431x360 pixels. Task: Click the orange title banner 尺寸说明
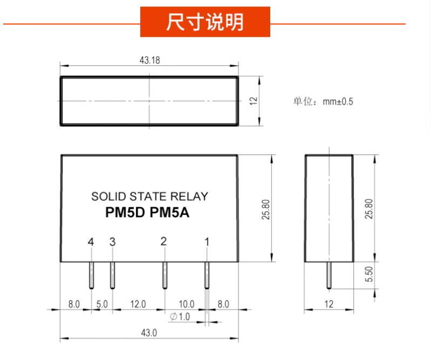pos(205,23)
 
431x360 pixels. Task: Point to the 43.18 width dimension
pos(149,60)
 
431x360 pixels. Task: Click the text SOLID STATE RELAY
pos(149,196)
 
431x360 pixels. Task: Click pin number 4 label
pos(91,242)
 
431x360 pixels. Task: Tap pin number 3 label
pos(112,242)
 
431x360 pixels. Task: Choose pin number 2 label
pos(163,241)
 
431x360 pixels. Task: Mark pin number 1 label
pos(206,242)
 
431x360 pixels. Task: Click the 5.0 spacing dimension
pos(102,304)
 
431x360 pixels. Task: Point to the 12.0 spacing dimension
pos(138,304)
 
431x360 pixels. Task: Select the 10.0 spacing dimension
pos(186,304)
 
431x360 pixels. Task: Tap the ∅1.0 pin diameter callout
pos(180,317)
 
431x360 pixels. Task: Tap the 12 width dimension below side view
pos(329,304)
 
